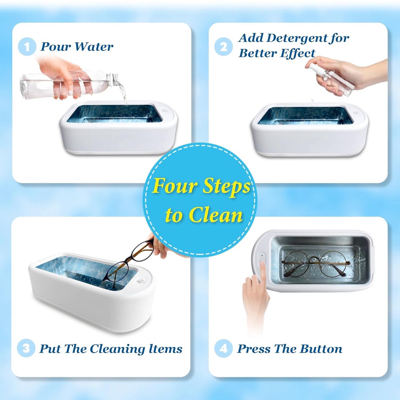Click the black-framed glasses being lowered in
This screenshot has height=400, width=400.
pyautogui.click(x=129, y=262)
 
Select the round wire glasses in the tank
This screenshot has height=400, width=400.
pyautogui.click(x=315, y=264)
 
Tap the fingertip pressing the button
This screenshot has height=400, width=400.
pyautogui.click(x=263, y=264)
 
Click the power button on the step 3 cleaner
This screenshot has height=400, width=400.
pyautogui.click(x=141, y=282)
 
